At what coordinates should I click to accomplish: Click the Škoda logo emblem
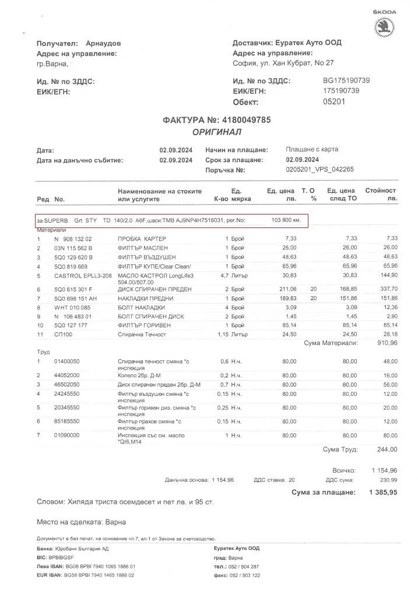(x=385, y=28)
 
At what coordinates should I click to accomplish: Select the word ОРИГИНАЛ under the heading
(x=217, y=132)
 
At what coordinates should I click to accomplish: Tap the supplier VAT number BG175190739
(x=346, y=80)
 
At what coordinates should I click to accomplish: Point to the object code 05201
(x=334, y=101)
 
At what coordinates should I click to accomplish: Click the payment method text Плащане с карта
(x=312, y=149)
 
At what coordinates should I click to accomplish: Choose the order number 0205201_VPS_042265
(x=319, y=170)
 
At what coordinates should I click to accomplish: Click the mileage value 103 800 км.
(x=286, y=220)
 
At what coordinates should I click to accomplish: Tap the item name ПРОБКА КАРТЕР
(x=142, y=239)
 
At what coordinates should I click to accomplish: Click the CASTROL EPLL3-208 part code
(x=82, y=275)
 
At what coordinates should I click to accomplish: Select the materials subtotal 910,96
(x=385, y=343)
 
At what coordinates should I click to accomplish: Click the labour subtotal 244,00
(x=385, y=449)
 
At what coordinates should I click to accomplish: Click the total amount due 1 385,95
(x=383, y=493)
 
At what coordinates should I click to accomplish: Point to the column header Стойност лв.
(x=380, y=195)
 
